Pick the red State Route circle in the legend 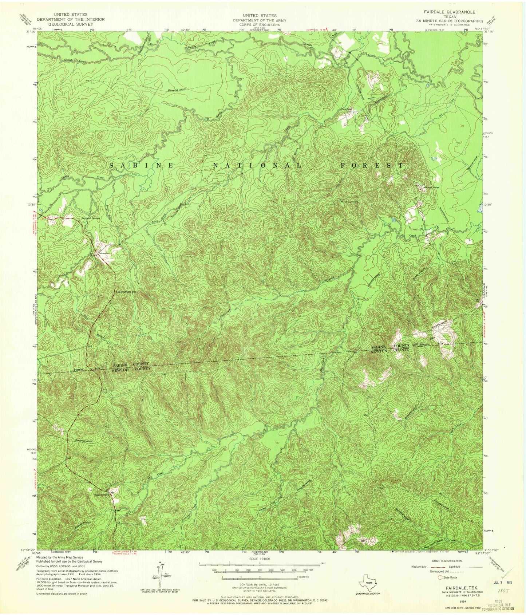440,577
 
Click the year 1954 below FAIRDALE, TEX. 463,601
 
